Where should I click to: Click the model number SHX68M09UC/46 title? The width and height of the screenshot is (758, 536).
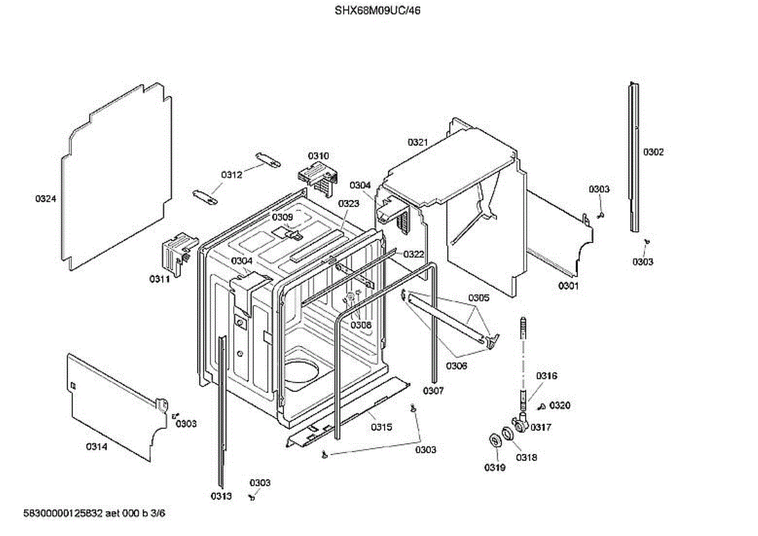click(377, 10)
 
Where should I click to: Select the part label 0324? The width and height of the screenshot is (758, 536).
click(45, 199)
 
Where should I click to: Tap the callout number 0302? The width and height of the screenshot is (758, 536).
click(654, 152)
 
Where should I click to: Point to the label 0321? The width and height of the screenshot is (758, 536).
click(418, 143)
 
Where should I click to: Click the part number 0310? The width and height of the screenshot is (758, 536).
click(318, 156)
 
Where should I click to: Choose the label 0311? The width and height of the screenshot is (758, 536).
click(159, 278)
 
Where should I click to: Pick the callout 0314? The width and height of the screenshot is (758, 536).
click(97, 447)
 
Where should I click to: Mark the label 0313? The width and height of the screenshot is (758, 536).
click(221, 496)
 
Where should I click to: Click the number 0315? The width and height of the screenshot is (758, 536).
click(381, 427)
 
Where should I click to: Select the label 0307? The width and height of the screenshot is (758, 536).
click(433, 391)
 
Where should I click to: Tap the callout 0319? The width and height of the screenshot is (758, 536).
click(495, 468)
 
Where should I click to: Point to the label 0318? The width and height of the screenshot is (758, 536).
click(526, 458)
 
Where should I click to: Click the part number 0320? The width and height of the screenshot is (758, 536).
click(560, 405)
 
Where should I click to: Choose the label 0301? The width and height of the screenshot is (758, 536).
click(568, 286)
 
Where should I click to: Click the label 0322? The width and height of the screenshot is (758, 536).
click(414, 254)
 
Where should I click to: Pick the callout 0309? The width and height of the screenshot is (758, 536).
click(283, 217)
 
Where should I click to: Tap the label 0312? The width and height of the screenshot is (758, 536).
click(232, 175)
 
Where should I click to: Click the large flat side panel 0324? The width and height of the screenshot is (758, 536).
click(117, 183)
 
